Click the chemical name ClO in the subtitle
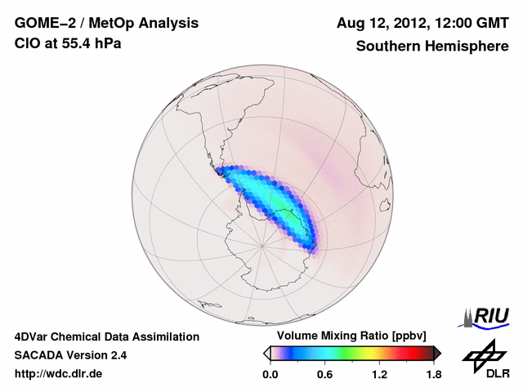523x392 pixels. (x=27, y=43)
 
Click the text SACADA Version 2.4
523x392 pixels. (x=70, y=355)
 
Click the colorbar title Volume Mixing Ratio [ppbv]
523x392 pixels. (x=352, y=336)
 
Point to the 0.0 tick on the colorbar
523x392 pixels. (x=270, y=374)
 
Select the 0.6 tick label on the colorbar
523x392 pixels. (x=324, y=374)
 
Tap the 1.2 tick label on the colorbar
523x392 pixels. (x=379, y=374)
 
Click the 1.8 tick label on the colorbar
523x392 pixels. (x=434, y=374)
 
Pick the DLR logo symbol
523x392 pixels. (x=482, y=355)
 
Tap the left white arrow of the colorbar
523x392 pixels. (x=266, y=353)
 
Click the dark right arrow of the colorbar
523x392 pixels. (x=437, y=353)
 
